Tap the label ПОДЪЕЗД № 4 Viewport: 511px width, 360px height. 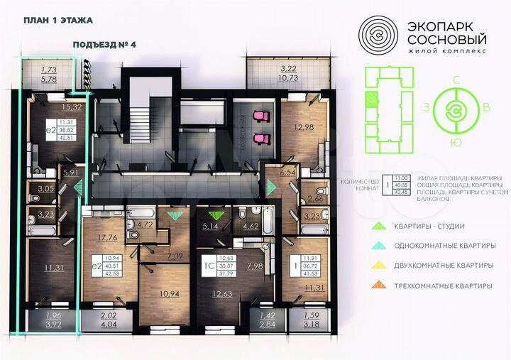coord(104,45)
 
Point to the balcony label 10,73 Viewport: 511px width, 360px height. coord(289,77)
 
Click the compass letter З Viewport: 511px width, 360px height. coord(427,107)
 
